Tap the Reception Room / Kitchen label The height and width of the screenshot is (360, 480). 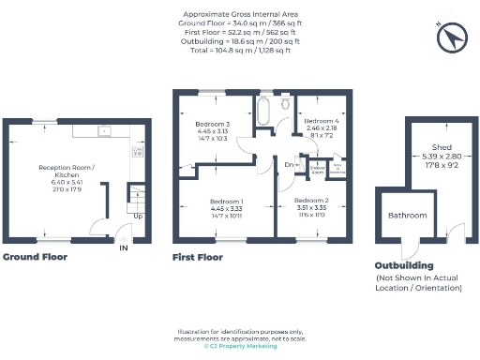(x=63, y=171)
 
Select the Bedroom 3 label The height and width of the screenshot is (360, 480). (x=213, y=124)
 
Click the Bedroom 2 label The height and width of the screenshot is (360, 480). (x=311, y=202)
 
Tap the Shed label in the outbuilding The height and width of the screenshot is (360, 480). (x=442, y=147)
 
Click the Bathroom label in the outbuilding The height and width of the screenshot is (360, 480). (x=408, y=216)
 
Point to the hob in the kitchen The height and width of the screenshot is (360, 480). (x=138, y=149)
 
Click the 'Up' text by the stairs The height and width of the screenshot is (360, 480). (x=138, y=217)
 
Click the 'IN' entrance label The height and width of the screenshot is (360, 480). (x=124, y=247)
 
